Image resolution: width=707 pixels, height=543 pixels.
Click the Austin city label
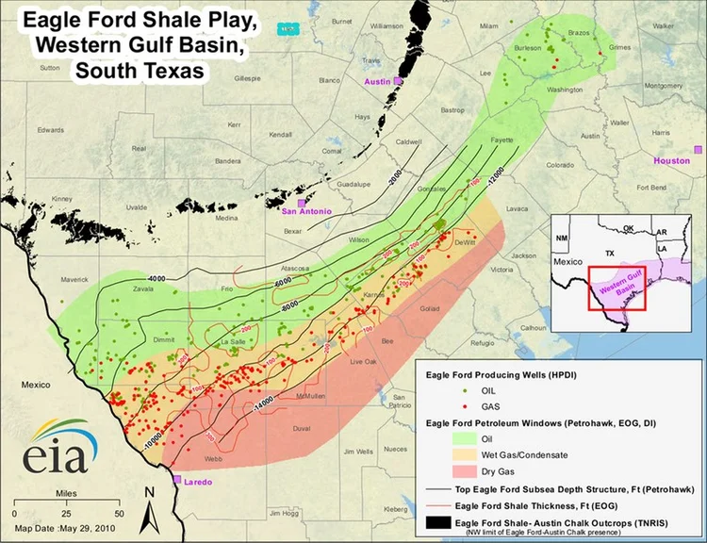click(377, 83)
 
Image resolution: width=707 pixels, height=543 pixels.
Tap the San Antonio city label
click(307, 212)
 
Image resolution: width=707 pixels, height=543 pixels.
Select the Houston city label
click(672, 161)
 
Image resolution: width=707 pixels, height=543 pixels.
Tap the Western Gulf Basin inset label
click(617, 286)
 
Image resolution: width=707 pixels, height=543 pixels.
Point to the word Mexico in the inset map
click(570, 258)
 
